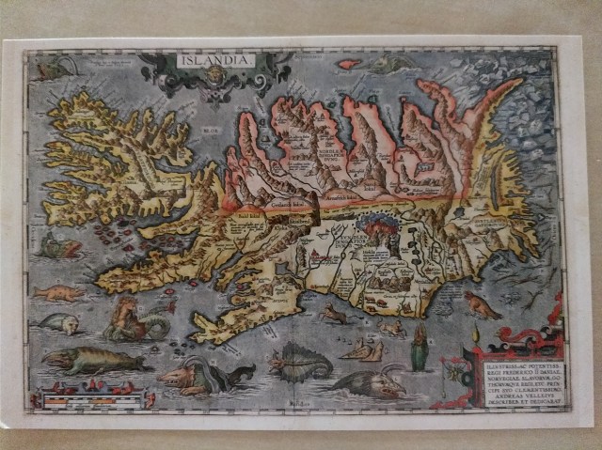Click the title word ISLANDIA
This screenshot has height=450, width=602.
(x=214, y=62)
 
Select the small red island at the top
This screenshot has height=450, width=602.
(x=348, y=65)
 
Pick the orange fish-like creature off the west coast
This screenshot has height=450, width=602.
(x=58, y=294)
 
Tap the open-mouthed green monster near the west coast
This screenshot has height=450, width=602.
(x=58, y=247)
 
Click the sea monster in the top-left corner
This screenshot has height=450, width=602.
(x=56, y=68)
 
